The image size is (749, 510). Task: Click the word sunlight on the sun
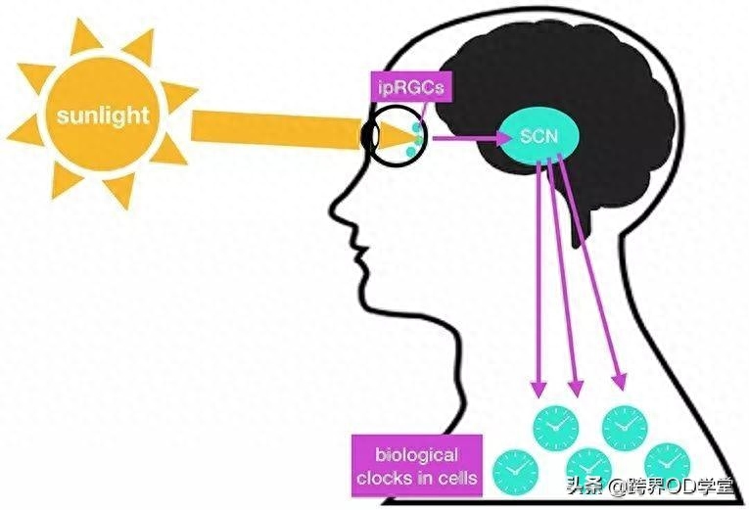tap(103, 116)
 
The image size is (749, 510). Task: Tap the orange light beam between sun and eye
tap(276, 129)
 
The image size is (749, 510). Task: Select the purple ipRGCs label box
tap(411, 87)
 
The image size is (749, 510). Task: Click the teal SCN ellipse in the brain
tap(538, 137)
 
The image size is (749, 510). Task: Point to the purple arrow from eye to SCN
tap(472, 138)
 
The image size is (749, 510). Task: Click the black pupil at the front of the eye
tap(368, 136)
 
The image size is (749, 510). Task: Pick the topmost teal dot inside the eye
tap(417, 128)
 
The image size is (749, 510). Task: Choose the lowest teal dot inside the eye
tap(410, 152)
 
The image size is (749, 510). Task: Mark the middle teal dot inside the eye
tap(418, 140)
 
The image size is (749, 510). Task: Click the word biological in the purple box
tap(416, 454)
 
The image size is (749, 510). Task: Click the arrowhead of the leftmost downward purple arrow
tap(538, 389)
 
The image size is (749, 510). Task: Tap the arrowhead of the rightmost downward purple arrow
tap(620, 381)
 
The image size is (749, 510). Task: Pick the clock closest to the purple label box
tap(515, 472)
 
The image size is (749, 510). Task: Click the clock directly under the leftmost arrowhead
tap(555, 428)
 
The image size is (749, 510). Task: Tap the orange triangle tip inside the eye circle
tap(419, 139)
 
